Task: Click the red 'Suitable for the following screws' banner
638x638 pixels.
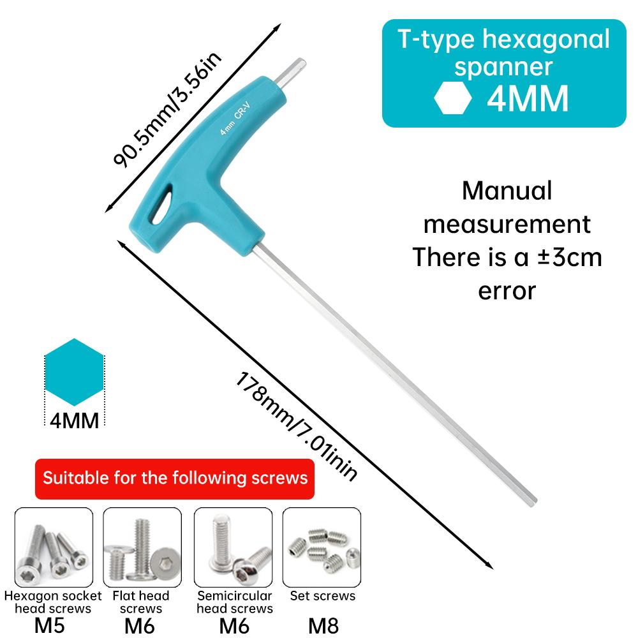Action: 175,478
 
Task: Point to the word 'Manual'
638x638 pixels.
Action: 507,191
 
